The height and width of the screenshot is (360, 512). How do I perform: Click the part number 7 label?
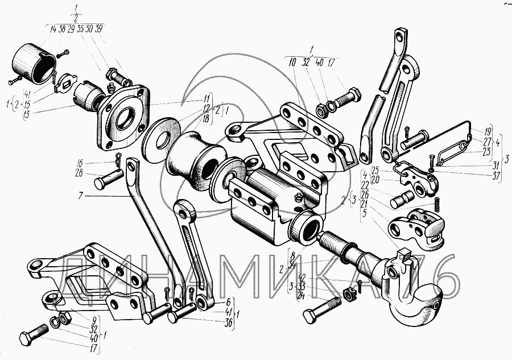click(x=81, y=196)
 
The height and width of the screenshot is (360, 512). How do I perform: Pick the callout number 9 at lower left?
click(x=93, y=320)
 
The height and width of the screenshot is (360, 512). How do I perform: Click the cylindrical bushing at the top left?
click(x=33, y=62)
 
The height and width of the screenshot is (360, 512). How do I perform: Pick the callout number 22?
click(x=365, y=185)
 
